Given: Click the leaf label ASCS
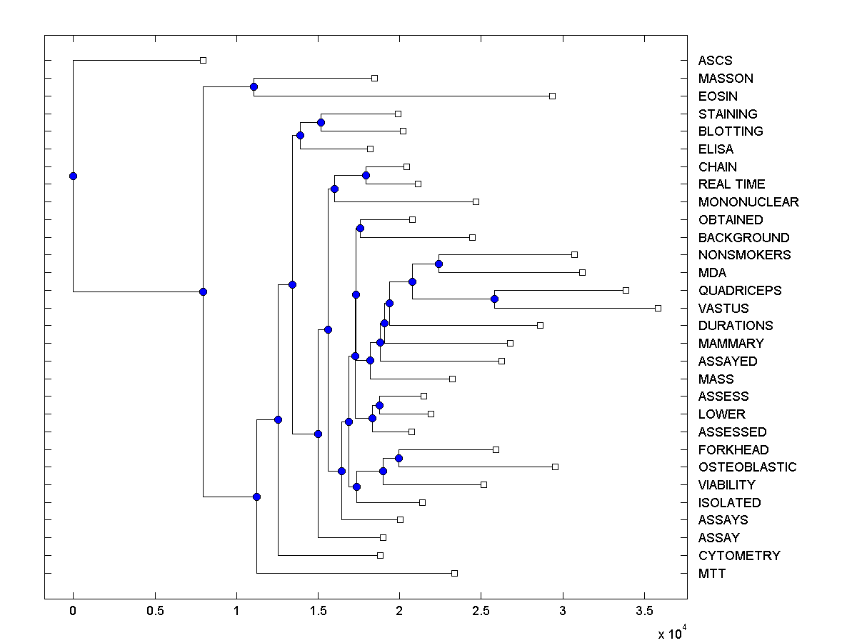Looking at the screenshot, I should point(715,61).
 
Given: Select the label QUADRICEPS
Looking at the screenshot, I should point(740,291).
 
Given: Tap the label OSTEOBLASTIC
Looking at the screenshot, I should point(747,467).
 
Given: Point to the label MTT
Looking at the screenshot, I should point(712,574).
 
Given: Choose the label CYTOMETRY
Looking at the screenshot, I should point(739,556).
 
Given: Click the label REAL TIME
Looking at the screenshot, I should point(731,184).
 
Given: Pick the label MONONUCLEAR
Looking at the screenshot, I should point(748,202).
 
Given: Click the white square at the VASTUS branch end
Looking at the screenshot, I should point(658,308).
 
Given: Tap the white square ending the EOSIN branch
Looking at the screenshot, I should point(552,96).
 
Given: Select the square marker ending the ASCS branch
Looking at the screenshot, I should point(203,60).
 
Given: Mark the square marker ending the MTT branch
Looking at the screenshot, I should point(454,573).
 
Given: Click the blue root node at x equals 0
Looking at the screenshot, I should point(73,176).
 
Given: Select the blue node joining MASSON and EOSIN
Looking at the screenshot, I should point(254,86).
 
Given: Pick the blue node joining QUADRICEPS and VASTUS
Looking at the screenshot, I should point(494,299).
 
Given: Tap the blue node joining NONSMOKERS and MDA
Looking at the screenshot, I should point(438,264).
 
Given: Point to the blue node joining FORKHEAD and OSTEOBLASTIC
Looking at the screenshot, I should point(399,458).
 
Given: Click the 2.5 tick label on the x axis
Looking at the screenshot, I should point(481,612).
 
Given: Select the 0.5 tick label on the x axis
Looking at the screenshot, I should point(154,612).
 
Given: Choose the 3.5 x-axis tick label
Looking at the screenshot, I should point(644,612).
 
